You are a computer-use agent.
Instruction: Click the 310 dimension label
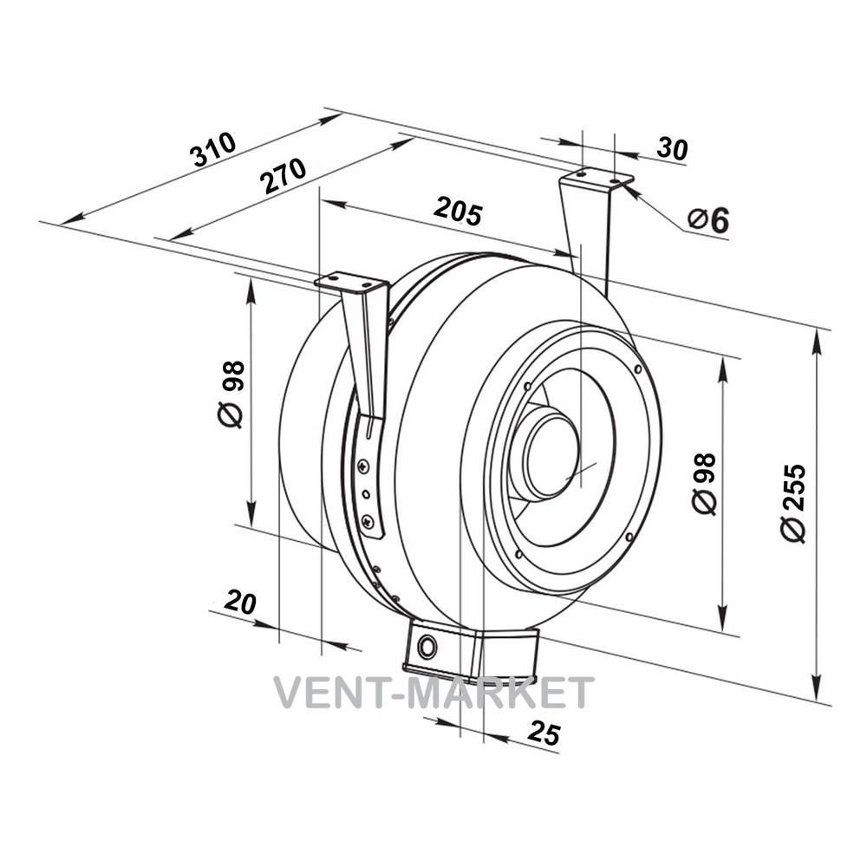tap(213, 149)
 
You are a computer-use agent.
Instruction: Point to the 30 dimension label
tap(673, 149)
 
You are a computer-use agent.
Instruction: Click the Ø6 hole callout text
tap(709, 219)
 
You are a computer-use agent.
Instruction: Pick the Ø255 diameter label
tap(794, 503)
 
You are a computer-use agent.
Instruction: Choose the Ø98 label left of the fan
tap(230, 394)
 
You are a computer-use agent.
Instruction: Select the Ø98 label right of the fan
tap(704, 484)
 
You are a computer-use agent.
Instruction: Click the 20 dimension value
tap(240, 602)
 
